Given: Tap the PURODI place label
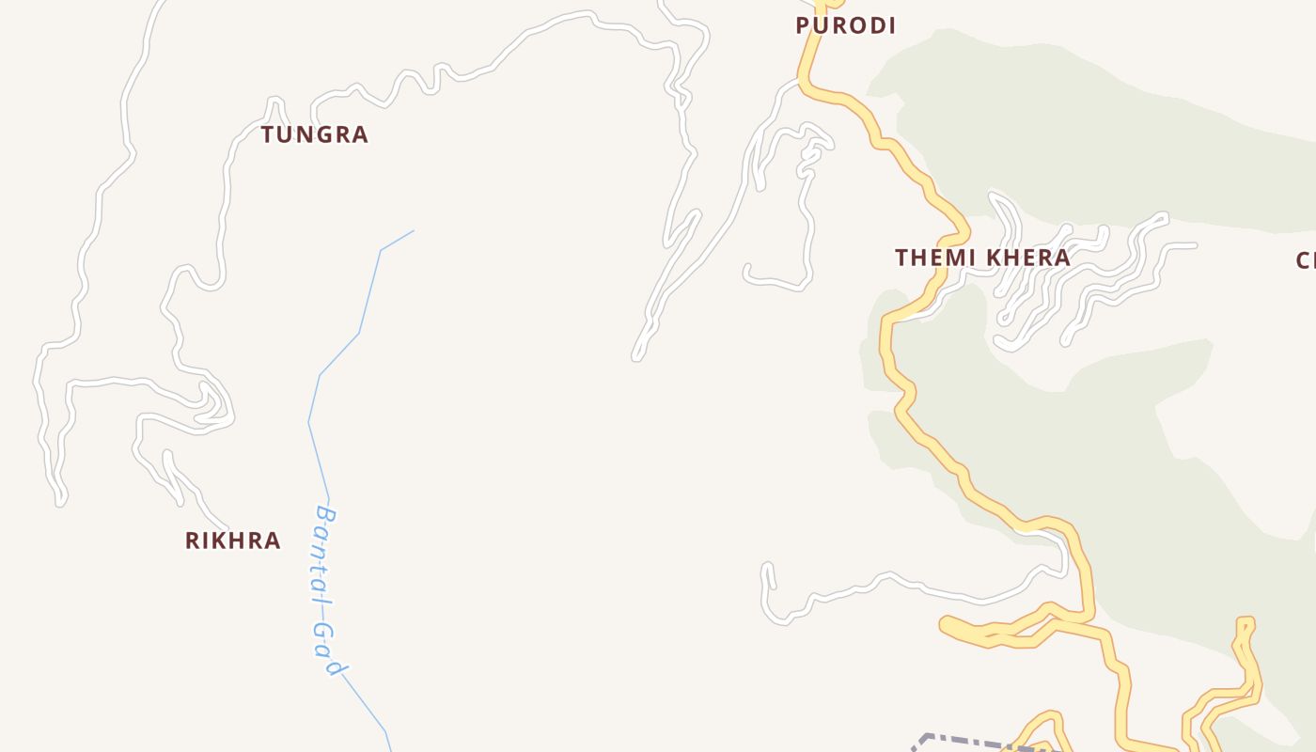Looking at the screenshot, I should click(x=845, y=25).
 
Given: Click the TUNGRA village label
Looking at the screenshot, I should click(x=315, y=134).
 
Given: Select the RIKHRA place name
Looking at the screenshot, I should click(x=232, y=540).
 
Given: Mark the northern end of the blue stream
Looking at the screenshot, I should click(x=413, y=230).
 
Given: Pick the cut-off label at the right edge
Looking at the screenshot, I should click(x=1306, y=260).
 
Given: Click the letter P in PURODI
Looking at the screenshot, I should click(x=803, y=25).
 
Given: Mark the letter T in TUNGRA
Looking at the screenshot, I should click(x=268, y=134).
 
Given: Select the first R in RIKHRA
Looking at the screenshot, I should click(x=192, y=540).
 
